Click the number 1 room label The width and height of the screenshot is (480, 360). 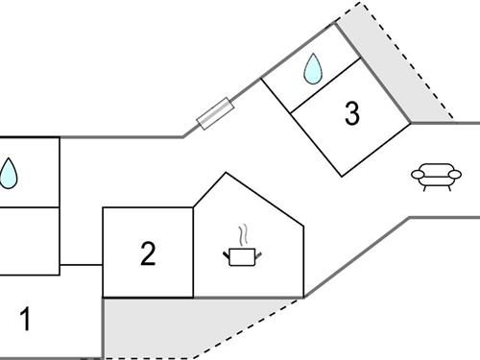click(x=26, y=320)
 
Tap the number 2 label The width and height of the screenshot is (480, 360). click(x=147, y=254)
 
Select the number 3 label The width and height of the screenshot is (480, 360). click(x=351, y=114)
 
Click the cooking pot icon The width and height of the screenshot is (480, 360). click(x=242, y=256)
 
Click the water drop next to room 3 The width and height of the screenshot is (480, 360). click(x=313, y=68)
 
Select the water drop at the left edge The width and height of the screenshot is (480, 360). click(x=9, y=173)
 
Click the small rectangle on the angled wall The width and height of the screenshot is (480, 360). click(x=214, y=112)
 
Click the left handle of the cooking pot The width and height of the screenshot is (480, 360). click(x=227, y=254)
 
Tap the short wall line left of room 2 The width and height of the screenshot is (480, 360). click(x=82, y=264)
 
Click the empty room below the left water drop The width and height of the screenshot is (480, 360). click(x=29, y=235)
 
